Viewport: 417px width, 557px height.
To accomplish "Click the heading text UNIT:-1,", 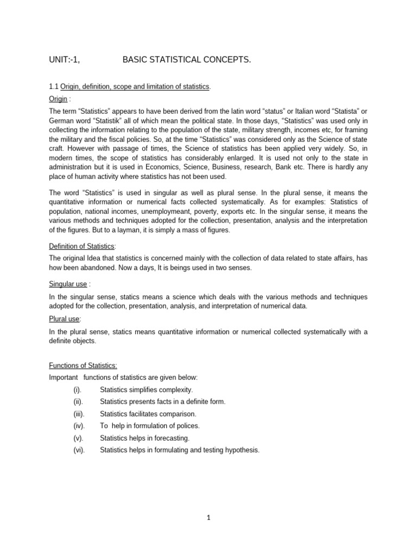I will (x=65, y=60).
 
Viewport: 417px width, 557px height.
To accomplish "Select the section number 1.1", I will (x=54, y=87).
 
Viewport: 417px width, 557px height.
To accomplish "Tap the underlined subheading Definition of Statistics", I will (x=82, y=246).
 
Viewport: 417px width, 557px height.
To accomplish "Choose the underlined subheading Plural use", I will (x=64, y=319).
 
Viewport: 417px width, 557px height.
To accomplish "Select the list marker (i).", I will (x=78, y=390).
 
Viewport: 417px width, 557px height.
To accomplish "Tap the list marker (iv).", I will (x=79, y=426).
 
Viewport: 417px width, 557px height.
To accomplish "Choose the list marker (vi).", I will (x=79, y=450).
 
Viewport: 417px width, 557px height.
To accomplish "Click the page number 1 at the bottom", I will (x=208, y=518).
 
